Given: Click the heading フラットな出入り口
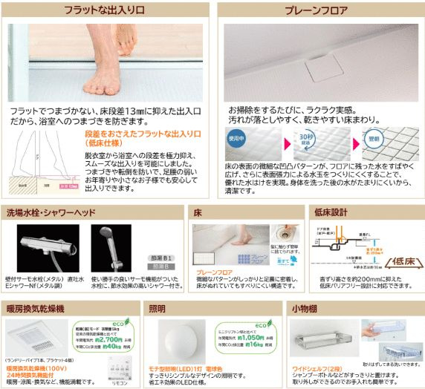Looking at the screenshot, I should tap(105, 12).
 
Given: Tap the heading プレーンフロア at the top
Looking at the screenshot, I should tap(317, 12).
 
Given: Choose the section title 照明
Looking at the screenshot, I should tap(158, 307).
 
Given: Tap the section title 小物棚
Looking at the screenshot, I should tap(305, 307).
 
